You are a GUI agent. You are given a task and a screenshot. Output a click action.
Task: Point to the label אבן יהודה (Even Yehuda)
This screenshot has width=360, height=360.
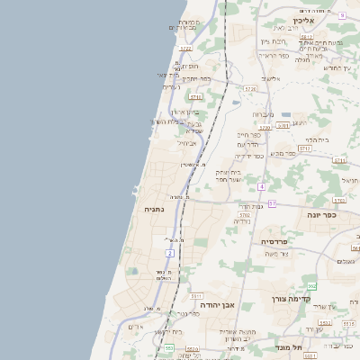click(212, 305)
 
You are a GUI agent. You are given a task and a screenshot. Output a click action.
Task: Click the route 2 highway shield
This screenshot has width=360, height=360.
click(169, 254)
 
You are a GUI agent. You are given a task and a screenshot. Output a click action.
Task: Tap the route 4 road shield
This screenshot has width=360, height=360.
click(261, 186)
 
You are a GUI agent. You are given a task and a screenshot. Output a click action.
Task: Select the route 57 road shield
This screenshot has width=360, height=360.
click(272, 203)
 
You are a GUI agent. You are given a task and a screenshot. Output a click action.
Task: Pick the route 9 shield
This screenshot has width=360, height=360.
click(342, 15)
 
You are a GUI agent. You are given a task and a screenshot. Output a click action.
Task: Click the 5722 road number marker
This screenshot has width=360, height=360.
click(185, 49)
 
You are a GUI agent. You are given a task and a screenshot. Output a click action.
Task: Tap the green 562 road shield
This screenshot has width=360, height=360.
click(310, 285)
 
